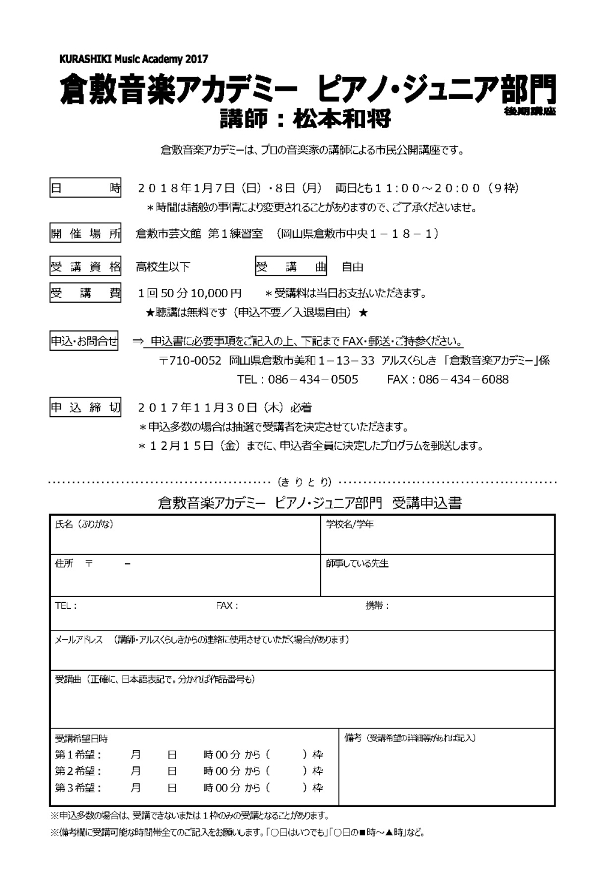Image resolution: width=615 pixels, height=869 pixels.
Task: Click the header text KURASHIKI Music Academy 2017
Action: click(134, 59)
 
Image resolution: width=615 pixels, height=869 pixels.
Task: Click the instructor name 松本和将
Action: click(342, 118)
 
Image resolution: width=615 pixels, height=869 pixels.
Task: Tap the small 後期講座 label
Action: click(530, 112)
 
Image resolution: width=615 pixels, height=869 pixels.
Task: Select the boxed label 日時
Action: click(85, 188)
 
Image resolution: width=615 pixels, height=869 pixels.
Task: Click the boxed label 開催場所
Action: click(85, 234)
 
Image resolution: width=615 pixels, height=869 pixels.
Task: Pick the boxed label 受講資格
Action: click(85, 267)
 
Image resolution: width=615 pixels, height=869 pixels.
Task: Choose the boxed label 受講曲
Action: click(291, 267)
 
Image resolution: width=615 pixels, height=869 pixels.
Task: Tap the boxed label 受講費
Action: click(85, 293)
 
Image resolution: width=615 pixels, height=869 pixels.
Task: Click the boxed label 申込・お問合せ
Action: click(84, 342)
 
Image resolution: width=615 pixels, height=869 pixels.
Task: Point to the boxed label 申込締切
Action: click(85, 408)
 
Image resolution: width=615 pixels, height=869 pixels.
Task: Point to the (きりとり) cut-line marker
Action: click(304, 482)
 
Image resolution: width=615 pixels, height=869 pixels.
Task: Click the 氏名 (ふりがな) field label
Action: click(84, 524)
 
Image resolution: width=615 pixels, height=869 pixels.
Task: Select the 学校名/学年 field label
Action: click(350, 524)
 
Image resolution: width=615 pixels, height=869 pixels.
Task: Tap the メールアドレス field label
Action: click(79, 640)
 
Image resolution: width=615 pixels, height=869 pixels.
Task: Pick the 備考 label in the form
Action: click(353, 737)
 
